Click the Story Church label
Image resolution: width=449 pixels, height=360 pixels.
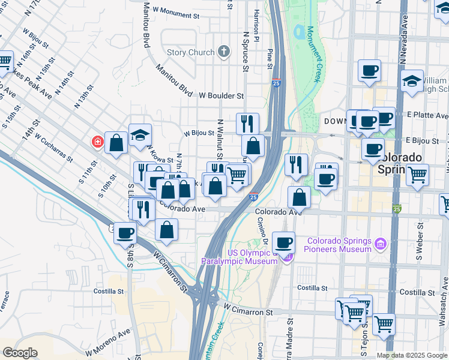(190, 53)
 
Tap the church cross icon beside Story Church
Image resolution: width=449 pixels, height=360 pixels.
(224, 52)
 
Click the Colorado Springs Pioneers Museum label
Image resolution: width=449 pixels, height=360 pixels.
(339, 245)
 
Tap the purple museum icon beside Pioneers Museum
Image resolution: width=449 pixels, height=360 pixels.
(379, 244)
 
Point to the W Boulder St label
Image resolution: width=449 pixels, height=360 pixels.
(221, 95)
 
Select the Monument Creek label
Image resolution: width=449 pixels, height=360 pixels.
(313, 54)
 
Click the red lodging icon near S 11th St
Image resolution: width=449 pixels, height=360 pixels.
(97, 142)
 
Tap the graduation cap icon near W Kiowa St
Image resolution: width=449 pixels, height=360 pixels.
(140, 136)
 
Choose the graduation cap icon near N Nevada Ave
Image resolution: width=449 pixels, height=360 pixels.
(412, 81)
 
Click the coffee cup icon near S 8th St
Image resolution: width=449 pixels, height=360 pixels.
(125, 233)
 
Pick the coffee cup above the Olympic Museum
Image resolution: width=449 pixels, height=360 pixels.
(283, 243)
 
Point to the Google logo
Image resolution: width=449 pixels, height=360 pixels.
(20, 353)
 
